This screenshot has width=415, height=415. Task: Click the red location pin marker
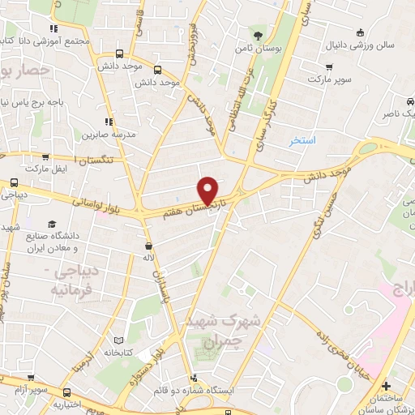coord(209,190)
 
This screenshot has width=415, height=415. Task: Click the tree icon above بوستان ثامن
coord(258,35)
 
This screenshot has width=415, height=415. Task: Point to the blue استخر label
coord(302,140)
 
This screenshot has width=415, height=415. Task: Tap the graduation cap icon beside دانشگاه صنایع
coord(53,224)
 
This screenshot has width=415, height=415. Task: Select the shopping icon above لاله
coord(148,245)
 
